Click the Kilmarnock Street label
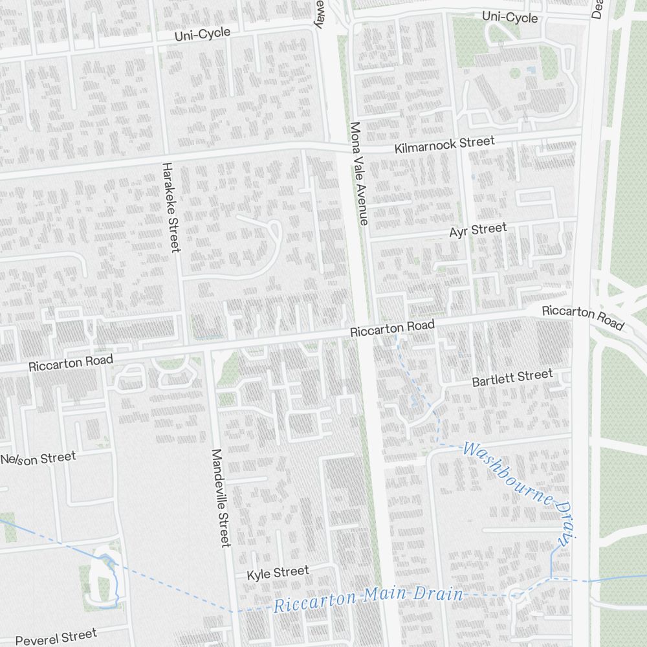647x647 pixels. coord(444,145)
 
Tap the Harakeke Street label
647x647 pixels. coord(171,207)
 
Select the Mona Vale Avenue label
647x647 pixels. coord(358,173)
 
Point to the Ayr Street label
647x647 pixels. coord(478,230)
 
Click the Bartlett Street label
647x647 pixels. coord(512,378)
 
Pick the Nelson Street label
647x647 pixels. coord(38,459)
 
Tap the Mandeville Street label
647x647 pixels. coord(221,498)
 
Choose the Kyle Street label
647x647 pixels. coord(278,573)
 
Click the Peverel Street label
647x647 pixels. coord(56,636)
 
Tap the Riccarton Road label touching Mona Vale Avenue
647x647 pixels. coord(392,328)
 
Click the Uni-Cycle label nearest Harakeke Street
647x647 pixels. coord(202,34)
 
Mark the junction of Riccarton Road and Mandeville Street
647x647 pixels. coord(208,350)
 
